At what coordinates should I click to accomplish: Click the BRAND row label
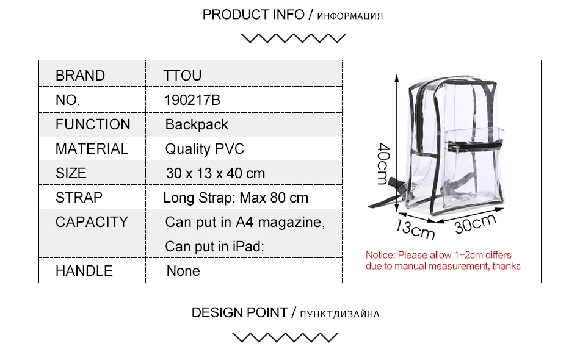(x=80, y=76)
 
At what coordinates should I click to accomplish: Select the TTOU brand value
(x=183, y=76)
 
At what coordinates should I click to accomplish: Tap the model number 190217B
(x=192, y=100)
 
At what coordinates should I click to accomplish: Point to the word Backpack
(x=197, y=125)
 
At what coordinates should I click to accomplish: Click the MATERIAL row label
(x=92, y=149)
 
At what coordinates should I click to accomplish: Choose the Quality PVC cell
(x=205, y=149)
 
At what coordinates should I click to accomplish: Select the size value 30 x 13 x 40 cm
(x=216, y=173)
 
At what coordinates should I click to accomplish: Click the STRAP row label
(x=79, y=197)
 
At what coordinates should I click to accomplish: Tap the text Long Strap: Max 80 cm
(x=236, y=198)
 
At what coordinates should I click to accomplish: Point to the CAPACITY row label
(x=92, y=221)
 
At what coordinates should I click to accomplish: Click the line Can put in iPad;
(x=214, y=247)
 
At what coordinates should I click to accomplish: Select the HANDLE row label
(x=84, y=270)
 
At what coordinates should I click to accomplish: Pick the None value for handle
(x=183, y=271)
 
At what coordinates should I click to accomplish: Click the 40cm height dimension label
(x=383, y=164)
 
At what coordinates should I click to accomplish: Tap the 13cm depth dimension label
(x=415, y=229)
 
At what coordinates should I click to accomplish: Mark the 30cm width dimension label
(x=475, y=223)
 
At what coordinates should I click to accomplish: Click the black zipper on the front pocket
(x=474, y=146)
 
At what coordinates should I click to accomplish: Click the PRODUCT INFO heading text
(x=253, y=15)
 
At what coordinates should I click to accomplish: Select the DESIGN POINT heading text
(x=239, y=312)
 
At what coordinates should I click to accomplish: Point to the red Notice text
(x=443, y=261)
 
